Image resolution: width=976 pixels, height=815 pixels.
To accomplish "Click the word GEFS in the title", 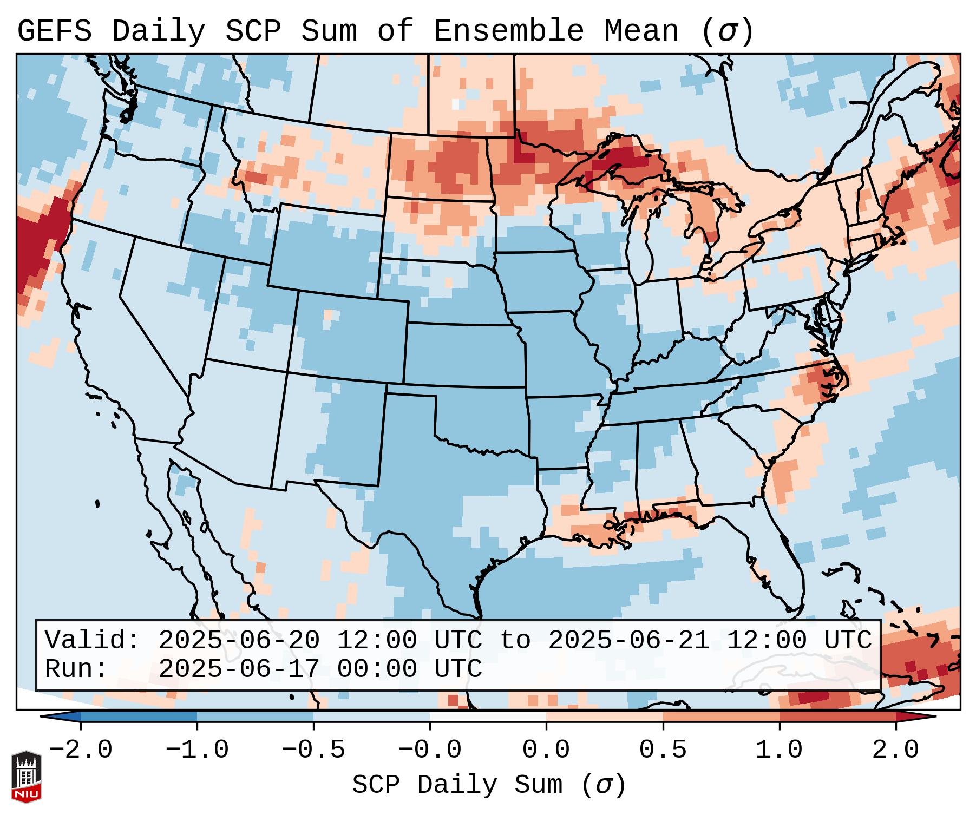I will (x=54, y=31).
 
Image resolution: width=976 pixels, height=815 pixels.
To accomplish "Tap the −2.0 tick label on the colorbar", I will (x=81, y=750).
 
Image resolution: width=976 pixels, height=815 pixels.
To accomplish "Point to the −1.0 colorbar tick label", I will (x=197, y=750).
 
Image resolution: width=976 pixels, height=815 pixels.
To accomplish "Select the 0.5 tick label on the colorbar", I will (x=663, y=750).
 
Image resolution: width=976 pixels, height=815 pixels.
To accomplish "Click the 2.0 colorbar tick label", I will (x=895, y=750).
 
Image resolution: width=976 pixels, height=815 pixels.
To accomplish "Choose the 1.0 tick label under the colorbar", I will (x=779, y=750).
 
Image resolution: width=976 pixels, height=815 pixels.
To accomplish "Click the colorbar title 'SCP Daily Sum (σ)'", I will (x=488, y=785).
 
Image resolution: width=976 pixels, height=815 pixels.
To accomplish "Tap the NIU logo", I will (x=26, y=777).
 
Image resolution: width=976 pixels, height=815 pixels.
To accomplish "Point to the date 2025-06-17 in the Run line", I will (x=239, y=669).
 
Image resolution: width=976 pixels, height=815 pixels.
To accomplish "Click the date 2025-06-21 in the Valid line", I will (x=628, y=640).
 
